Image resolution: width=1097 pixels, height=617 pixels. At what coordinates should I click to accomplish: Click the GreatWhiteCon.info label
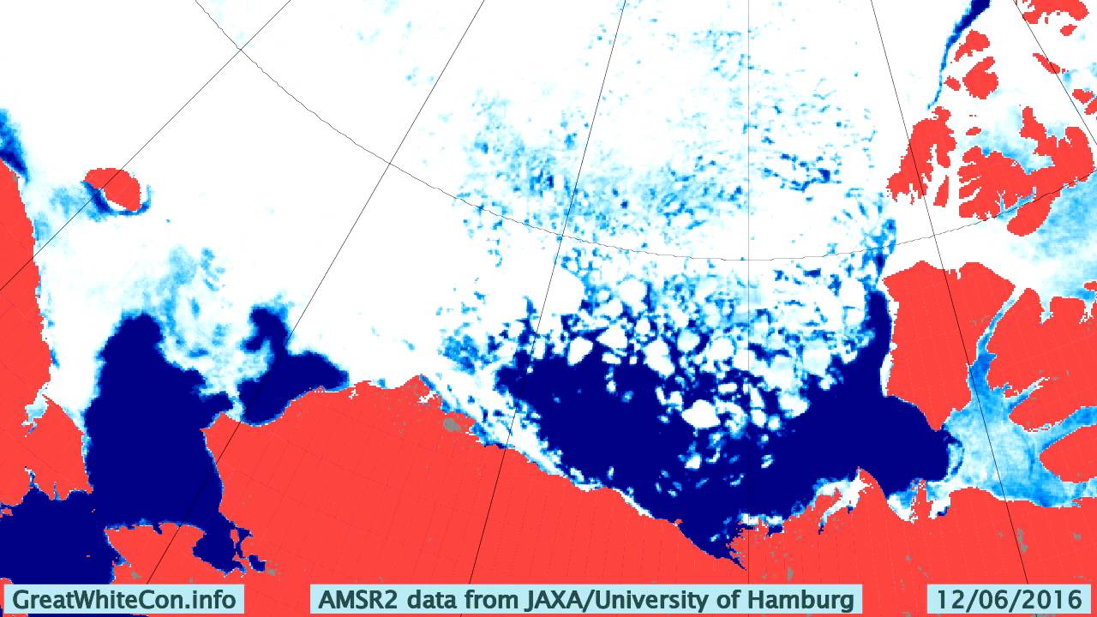click(x=124, y=598)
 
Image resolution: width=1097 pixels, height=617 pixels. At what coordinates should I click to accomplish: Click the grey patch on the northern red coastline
click(x=449, y=424)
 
